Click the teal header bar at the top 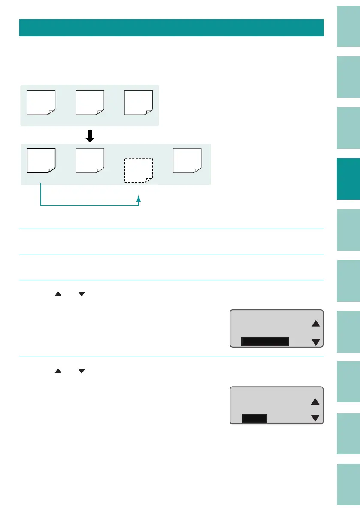tap(171, 27)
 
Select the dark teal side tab tap(348, 179)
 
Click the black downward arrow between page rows tap(90, 136)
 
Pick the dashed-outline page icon tap(138, 170)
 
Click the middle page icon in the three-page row tap(90, 103)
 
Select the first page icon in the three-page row tap(41, 103)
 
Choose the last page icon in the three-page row tap(139, 103)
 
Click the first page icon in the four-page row tap(41, 160)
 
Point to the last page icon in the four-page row tap(187, 160)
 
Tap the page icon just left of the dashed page tap(90, 160)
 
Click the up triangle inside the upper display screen tap(316, 324)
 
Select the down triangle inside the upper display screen tap(316, 342)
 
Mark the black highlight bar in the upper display tap(265, 342)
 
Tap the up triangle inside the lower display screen tap(316, 401)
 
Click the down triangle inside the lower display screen tap(316, 418)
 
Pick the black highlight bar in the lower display tap(254, 418)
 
